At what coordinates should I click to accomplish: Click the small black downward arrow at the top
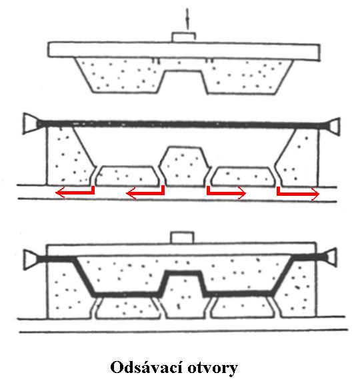[187, 19]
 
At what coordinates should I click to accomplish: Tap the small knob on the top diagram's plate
[183, 37]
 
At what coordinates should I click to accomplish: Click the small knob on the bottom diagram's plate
[182, 237]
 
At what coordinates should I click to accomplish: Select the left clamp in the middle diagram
[29, 123]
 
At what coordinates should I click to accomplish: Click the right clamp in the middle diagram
[335, 126]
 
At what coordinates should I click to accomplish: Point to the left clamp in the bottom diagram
[30, 260]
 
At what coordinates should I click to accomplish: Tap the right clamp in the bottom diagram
[331, 257]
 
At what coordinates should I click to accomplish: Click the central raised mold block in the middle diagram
[185, 167]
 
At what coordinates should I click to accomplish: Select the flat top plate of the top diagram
[184, 51]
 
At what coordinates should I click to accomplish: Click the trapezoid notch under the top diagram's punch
[183, 82]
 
